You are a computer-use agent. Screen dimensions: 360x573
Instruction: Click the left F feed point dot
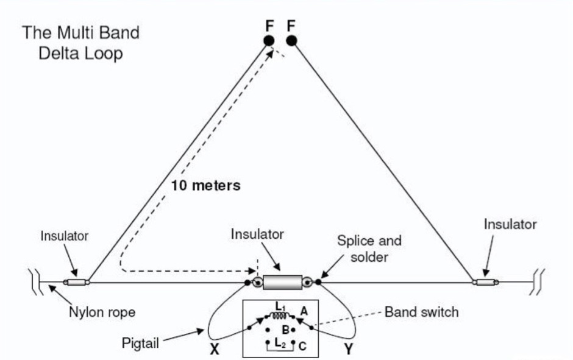(269, 41)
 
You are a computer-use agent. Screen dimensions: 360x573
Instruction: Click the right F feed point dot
(291, 41)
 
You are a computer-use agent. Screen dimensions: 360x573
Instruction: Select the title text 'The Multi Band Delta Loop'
(80, 43)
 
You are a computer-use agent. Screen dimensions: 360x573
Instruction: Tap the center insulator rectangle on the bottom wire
(282, 282)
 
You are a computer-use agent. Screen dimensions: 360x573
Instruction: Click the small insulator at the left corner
(77, 282)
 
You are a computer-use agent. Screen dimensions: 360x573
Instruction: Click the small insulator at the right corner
(486, 282)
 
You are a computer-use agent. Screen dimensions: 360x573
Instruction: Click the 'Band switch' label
(421, 312)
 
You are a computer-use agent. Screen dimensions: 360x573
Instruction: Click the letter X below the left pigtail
(215, 350)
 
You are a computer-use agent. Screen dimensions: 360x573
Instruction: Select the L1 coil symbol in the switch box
(281, 316)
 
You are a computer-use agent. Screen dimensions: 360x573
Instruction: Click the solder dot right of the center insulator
(318, 282)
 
